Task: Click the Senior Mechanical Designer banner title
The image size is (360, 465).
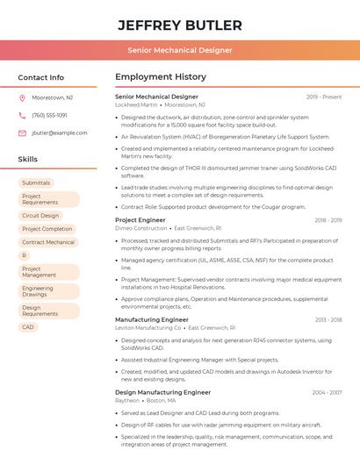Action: click(x=179, y=50)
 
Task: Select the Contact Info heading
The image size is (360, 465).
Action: click(x=40, y=77)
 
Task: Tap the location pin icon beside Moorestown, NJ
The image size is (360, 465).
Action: click(x=22, y=98)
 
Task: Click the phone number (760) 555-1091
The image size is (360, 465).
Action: click(x=49, y=115)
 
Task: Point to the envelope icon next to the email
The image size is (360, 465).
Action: click(x=22, y=132)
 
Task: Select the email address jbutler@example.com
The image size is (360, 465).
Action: click(x=59, y=132)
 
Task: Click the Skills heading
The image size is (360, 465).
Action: click(x=27, y=159)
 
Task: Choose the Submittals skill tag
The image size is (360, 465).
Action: click(x=36, y=182)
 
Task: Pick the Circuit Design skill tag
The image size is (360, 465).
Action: click(x=40, y=215)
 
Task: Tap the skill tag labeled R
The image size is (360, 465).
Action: click(x=25, y=255)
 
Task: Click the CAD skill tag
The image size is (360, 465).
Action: click(x=28, y=327)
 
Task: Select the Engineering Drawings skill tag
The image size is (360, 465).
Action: click(x=38, y=291)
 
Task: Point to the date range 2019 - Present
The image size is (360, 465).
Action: click(x=324, y=97)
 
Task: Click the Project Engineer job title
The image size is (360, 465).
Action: click(x=140, y=220)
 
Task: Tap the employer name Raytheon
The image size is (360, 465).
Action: click(x=127, y=400)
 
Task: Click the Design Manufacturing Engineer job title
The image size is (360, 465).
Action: click(x=162, y=392)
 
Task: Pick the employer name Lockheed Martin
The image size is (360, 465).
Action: click(x=136, y=104)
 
